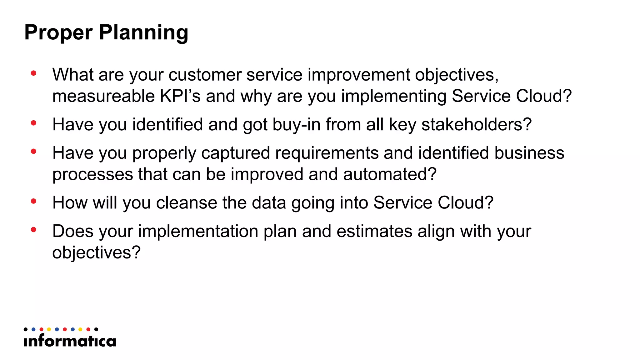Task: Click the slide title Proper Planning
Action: coord(106,32)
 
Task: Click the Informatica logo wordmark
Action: coord(70,341)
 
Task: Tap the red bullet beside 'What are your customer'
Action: coord(34,73)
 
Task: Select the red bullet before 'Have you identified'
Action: coord(34,123)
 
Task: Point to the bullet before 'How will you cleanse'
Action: coord(34,201)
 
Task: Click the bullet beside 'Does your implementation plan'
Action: coord(34,230)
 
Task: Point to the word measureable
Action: coord(103,96)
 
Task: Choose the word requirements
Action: coord(327,153)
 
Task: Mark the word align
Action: coord(436,231)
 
